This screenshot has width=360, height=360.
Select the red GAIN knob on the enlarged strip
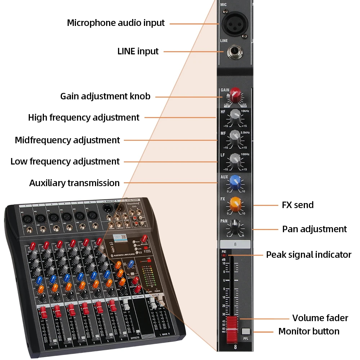click(235, 94)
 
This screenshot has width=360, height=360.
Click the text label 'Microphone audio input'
click(116, 23)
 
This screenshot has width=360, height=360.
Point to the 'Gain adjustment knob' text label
click(105, 96)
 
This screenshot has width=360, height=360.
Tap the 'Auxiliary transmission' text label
click(74, 183)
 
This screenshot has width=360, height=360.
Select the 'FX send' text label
click(298, 205)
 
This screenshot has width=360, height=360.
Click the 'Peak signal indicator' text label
click(309, 255)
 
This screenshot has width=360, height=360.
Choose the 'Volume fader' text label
click(320, 318)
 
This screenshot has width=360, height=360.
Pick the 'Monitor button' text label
click(309, 331)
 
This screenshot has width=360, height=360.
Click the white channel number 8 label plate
click(235, 244)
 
